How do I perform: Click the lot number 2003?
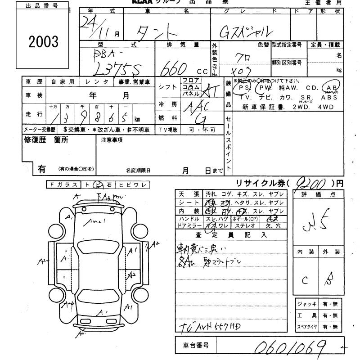point(43,42)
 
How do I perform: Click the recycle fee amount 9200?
point(312,183)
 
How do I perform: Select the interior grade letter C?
point(305,280)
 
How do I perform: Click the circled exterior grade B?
point(329,279)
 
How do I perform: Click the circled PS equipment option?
point(245,88)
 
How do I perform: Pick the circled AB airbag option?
point(333,88)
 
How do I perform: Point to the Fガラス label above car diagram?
point(64,184)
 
